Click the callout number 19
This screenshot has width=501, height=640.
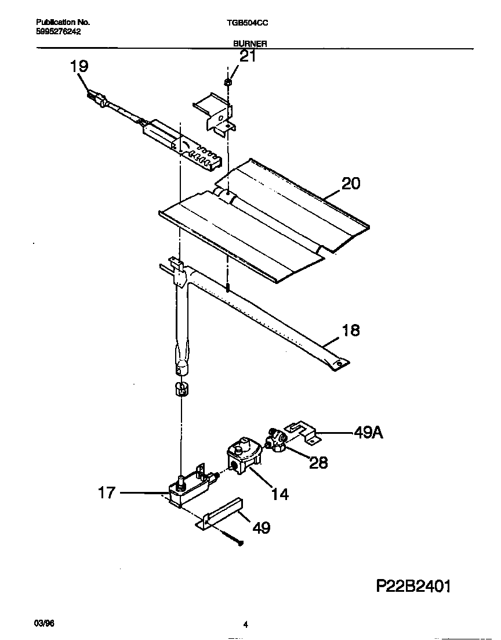pyautogui.click(x=79, y=66)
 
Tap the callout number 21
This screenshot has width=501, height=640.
pyautogui.click(x=248, y=56)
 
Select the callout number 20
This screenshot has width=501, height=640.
pyautogui.click(x=350, y=184)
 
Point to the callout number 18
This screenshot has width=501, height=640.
pyautogui.click(x=350, y=330)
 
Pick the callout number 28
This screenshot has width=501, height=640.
pyautogui.click(x=318, y=462)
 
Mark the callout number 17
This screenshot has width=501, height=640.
pyautogui.click(x=107, y=494)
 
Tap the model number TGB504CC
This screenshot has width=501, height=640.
pyautogui.click(x=247, y=23)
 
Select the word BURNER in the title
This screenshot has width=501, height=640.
pyautogui.click(x=250, y=44)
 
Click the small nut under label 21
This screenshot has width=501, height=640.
pyautogui.click(x=228, y=83)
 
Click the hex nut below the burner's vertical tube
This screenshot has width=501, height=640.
pyautogui.click(x=181, y=388)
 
